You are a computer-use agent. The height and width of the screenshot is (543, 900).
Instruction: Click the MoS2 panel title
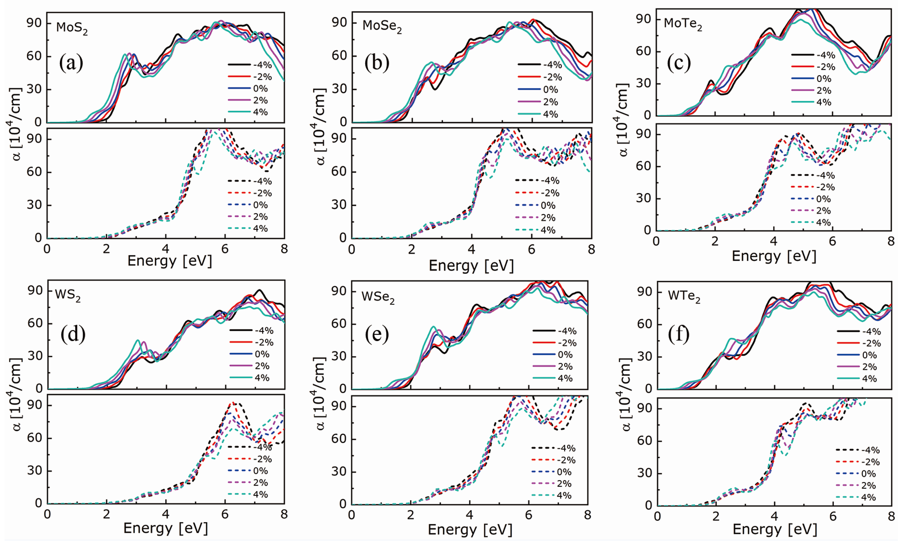(x=72, y=28)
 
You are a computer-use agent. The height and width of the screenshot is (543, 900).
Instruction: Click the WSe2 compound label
(x=378, y=297)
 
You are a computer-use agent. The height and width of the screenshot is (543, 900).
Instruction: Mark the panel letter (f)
(x=679, y=334)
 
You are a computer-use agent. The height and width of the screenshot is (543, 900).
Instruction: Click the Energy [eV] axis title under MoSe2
(x=471, y=266)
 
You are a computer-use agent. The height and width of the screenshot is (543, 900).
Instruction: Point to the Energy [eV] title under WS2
(x=166, y=528)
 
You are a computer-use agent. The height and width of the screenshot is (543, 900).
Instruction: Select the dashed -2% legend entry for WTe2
(x=858, y=462)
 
